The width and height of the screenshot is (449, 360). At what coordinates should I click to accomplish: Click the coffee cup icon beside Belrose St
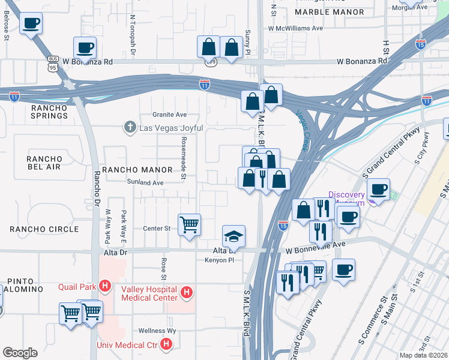tap(30, 24)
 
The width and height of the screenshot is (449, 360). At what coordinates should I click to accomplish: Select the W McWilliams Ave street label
tap(295, 28)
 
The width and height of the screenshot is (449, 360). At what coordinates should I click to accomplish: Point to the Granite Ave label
tap(169, 115)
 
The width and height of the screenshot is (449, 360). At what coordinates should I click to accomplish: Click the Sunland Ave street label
tap(145, 182)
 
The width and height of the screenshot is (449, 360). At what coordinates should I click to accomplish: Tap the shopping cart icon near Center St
tap(190, 225)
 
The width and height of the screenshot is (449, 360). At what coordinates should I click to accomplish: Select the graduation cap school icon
tap(234, 236)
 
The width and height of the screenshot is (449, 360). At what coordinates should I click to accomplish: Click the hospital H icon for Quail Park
tap(106, 286)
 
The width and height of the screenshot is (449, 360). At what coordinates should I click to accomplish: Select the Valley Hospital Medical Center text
tap(149, 293)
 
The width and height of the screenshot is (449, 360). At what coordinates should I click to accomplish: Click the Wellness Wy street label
tap(157, 331)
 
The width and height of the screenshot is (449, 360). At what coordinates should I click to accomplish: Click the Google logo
tap(20, 352)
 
